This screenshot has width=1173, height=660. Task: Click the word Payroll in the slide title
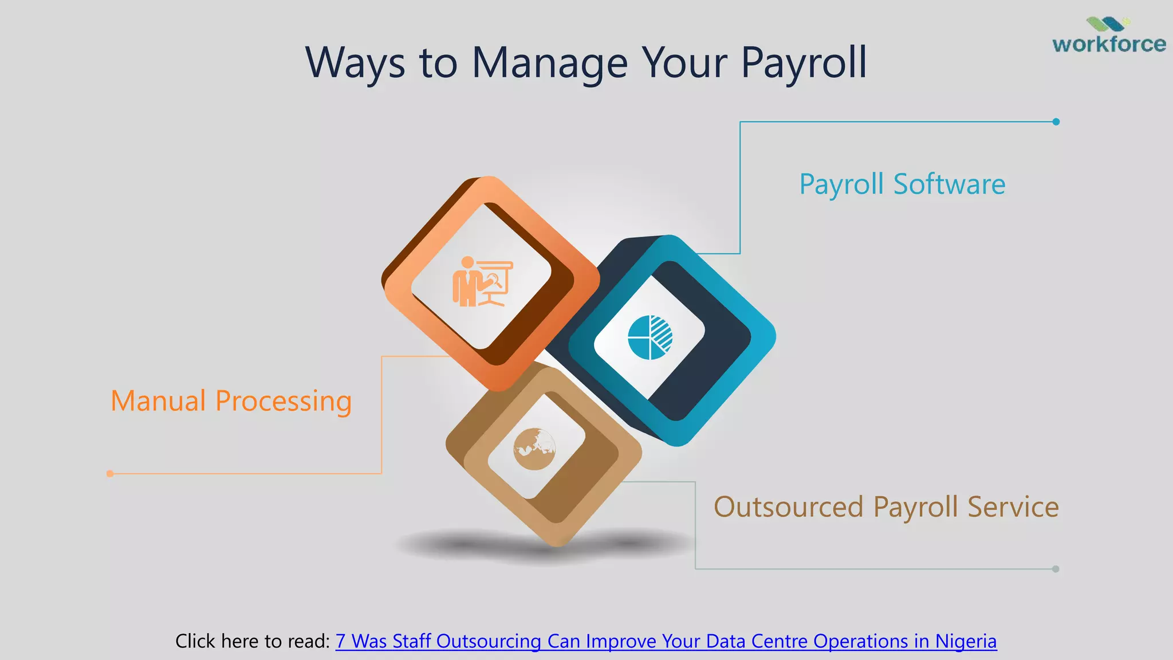click(x=804, y=63)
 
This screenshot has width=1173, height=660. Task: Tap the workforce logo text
click(x=1109, y=44)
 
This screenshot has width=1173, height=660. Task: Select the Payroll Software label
click(x=902, y=184)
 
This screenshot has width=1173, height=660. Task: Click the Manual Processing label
click(x=231, y=401)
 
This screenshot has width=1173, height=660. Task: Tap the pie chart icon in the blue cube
click(x=650, y=337)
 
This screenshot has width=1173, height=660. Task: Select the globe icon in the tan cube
click(x=534, y=449)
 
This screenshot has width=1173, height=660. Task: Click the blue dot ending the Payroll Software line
click(x=1056, y=121)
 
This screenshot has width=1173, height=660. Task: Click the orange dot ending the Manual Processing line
click(x=110, y=474)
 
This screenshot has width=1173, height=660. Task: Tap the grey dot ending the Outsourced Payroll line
click(x=1056, y=569)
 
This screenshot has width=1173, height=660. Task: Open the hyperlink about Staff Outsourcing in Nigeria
click(x=666, y=641)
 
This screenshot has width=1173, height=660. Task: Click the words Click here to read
click(x=253, y=641)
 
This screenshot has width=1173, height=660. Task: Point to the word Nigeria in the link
click(x=966, y=641)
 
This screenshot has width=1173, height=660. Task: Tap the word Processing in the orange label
click(x=283, y=401)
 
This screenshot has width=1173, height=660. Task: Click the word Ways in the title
click(x=355, y=63)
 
